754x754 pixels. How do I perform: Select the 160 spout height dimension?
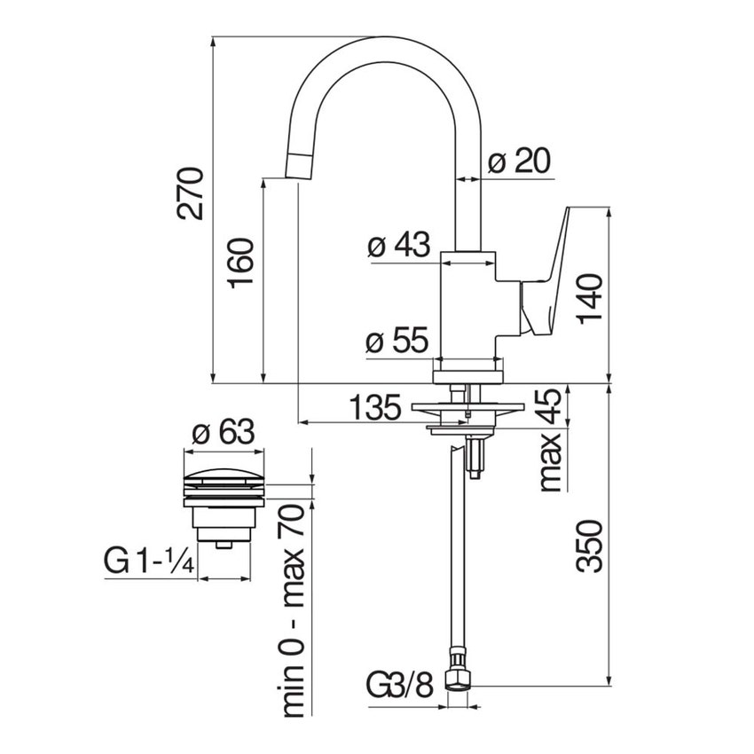coord(242,264)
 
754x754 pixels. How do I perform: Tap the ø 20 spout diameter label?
coord(519,161)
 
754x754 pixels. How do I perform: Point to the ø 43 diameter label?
coord(398,246)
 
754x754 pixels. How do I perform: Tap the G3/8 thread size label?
coord(400,686)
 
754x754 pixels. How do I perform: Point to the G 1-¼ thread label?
coord(149,561)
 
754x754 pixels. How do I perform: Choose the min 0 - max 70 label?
coord(292,611)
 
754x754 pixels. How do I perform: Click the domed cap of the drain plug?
coord(223,470)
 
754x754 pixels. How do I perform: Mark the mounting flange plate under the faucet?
coord(466,409)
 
